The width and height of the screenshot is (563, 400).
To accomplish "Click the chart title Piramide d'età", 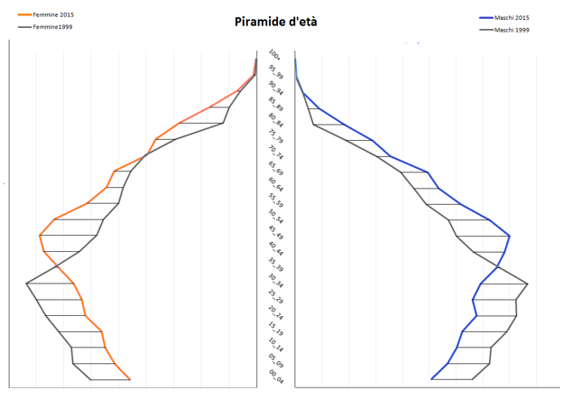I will (275, 22).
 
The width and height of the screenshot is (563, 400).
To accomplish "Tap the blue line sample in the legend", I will (487, 18).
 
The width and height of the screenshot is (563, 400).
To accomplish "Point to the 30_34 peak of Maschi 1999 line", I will (527, 284).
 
